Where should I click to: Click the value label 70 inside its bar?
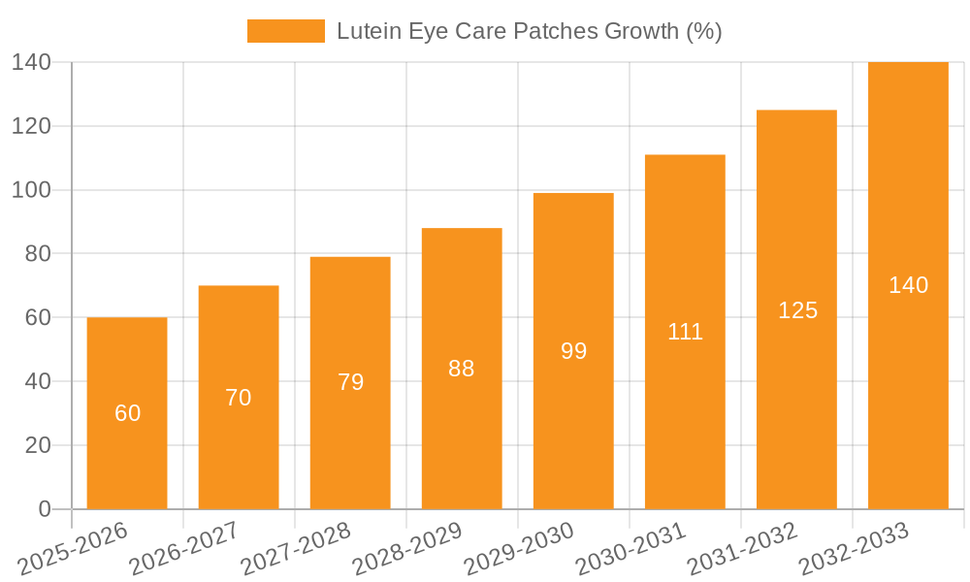(239, 398)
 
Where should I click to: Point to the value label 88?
(462, 369)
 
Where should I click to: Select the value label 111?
(685, 332)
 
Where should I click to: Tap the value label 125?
(797, 310)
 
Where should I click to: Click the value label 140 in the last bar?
(908, 285)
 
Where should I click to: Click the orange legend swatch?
(286, 31)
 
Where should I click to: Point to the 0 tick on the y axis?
(44, 509)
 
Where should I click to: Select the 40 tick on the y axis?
(38, 381)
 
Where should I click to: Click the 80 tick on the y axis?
(38, 253)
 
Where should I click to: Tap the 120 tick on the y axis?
(32, 126)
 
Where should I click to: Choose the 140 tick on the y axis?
(32, 62)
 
